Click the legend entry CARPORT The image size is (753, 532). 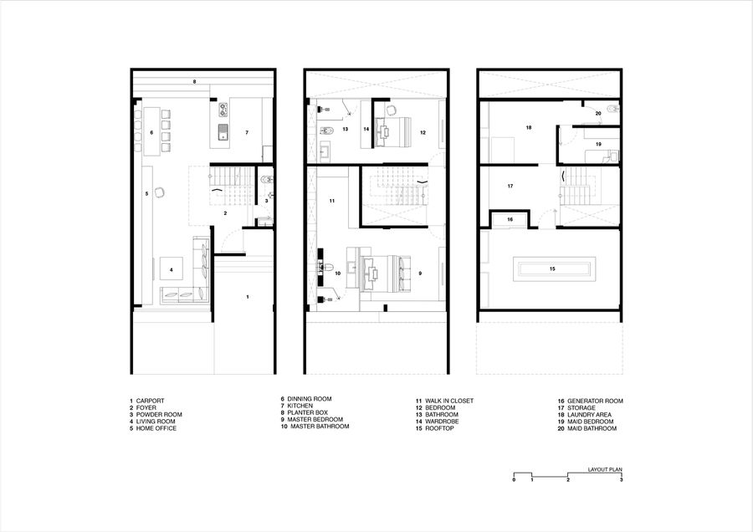tap(150, 401)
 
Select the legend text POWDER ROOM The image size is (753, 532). tap(159, 414)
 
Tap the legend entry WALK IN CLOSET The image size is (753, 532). tap(449, 401)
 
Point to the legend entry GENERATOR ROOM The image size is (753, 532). tap(595, 401)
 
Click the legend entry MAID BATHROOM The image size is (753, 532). tap(592, 428)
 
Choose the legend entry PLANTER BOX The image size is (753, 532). tap(307, 412)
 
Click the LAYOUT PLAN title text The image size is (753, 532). tap(605, 469)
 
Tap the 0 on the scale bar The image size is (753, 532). tap(514, 479)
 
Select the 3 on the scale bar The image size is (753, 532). tap(621, 479)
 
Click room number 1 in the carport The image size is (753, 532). tap(248, 297)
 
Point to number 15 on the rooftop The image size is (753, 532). tap(552, 269)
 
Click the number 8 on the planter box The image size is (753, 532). tap(194, 82)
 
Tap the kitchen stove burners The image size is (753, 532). tap(223, 110)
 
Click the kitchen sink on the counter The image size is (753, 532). tap(223, 132)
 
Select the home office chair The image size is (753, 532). tap(160, 192)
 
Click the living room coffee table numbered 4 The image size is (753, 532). tap(172, 270)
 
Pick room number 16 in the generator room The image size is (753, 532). tap(510, 219)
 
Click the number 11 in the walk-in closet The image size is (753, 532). tap(332, 202)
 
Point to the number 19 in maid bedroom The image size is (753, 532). tap(598, 144)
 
